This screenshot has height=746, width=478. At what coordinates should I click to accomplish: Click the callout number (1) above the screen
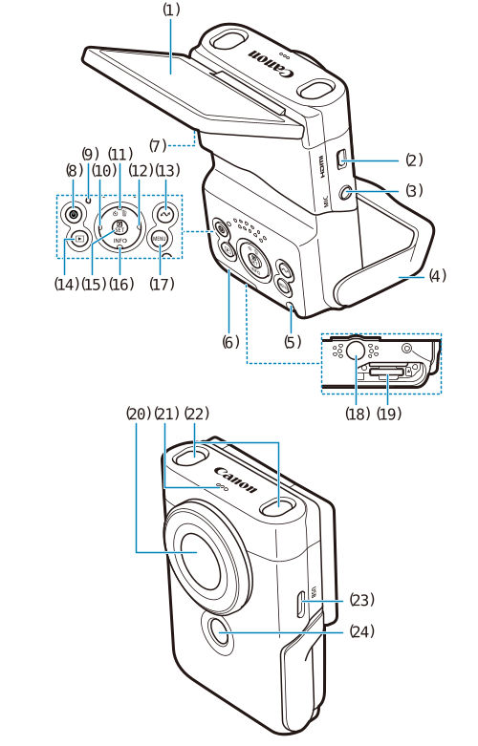point(170,10)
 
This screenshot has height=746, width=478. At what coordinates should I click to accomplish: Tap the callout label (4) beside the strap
point(437,276)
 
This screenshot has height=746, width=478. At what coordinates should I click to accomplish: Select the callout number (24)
point(360,631)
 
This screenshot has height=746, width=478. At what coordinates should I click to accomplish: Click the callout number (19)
point(389,414)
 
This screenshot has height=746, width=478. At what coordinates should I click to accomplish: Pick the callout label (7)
point(158,145)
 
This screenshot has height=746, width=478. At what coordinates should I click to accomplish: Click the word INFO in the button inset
point(119,242)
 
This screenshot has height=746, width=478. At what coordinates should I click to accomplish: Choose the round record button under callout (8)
point(74,215)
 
